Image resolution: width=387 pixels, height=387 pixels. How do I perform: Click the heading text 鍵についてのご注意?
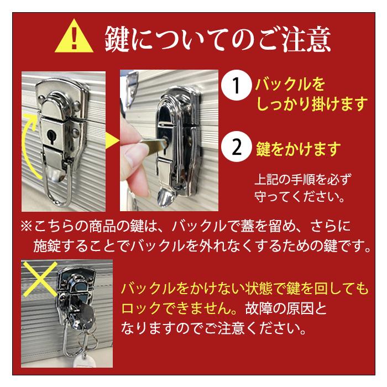click(x=218, y=39)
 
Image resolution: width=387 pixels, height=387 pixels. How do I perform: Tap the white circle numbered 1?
click(x=236, y=86)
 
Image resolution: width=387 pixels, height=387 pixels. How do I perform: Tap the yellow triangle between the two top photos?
click(x=112, y=143)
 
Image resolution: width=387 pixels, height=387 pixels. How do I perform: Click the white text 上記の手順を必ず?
click(x=303, y=180)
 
